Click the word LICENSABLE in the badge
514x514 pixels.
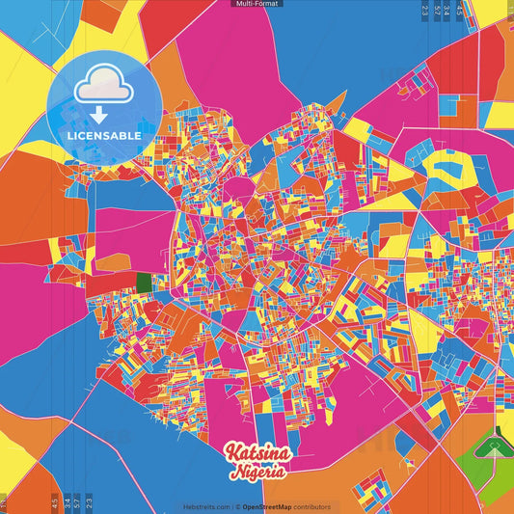(103, 136)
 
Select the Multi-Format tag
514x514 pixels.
(257, 4)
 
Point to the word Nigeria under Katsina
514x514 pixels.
(257, 473)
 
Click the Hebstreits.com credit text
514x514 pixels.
(204, 506)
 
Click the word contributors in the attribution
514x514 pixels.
(311, 506)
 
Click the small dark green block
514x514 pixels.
(144, 283)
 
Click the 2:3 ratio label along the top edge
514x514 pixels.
(425, 12)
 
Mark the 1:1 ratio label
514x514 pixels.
(4, 504)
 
